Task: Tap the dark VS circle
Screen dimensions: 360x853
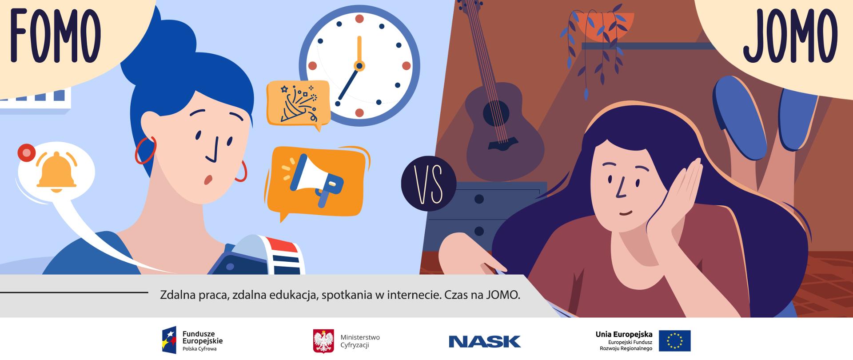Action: [428, 183]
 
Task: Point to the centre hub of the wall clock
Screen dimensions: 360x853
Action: [359, 66]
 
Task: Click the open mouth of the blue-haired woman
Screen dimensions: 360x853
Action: [207, 179]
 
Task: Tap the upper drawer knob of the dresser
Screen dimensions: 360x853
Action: [479, 199]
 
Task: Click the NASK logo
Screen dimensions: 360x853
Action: [484, 341]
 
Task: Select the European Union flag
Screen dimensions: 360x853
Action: [674, 341]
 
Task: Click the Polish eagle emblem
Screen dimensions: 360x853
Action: [323, 341]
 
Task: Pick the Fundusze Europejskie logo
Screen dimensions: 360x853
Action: [192, 340]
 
